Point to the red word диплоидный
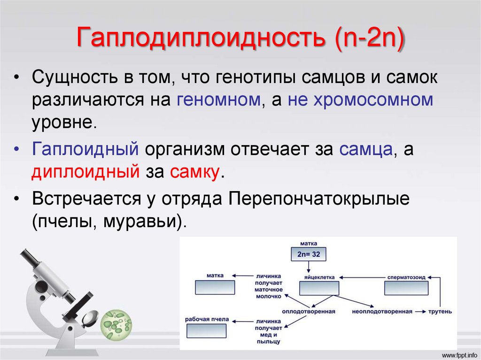(x=85, y=172)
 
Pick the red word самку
(x=194, y=172)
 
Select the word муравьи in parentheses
(x=144, y=221)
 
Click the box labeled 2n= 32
(x=309, y=254)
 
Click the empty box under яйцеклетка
(x=319, y=288)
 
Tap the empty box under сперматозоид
(x=406, y=288)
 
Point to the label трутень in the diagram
(x=440, y=311)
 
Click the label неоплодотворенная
(x=382, y=311)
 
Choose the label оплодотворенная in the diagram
(x=308, y=311)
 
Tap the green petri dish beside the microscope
(x=117, y=324)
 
